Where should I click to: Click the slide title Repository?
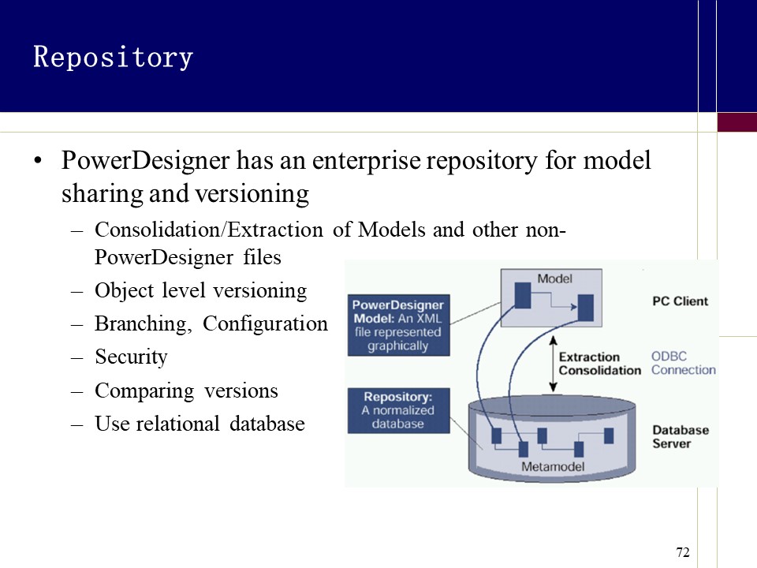(113, 58)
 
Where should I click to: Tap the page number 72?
(683, 551)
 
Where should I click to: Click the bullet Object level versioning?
(200, 290)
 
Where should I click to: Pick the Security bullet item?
(131, 357)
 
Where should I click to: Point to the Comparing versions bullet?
(186, 390)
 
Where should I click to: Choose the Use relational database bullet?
(200, 424)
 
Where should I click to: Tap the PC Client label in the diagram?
(680, 301)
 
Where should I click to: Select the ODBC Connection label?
(683, 363)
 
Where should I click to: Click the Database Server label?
(680, 436)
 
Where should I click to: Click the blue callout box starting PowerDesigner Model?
(397, 325)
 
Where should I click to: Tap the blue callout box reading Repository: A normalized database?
(397, 410)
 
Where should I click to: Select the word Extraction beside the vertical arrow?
(589, 357)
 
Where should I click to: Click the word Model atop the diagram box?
(554, 278)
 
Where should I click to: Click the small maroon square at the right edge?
(736, 121)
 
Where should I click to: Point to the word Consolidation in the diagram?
(599, 370)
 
